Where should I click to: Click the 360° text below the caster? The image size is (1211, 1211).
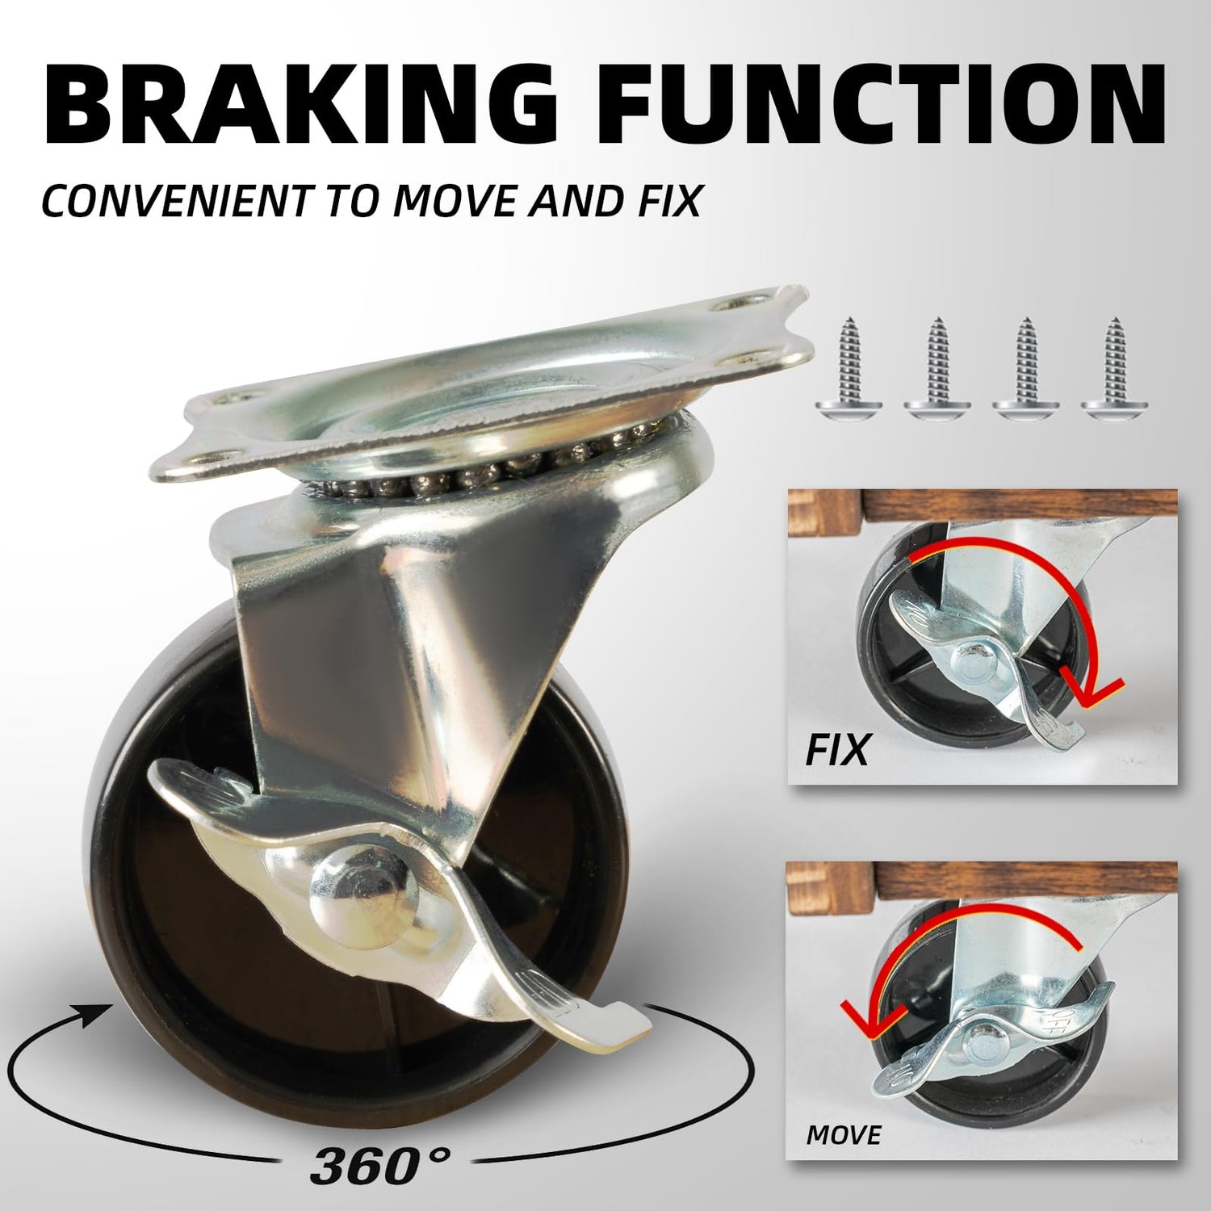pyautogui.click(x=380, y=1164)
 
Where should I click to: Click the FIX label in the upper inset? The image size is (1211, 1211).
pyautogui.click(x=837, y=749)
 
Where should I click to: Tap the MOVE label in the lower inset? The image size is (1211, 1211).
pyautogui.click(x=844, y=1135)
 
